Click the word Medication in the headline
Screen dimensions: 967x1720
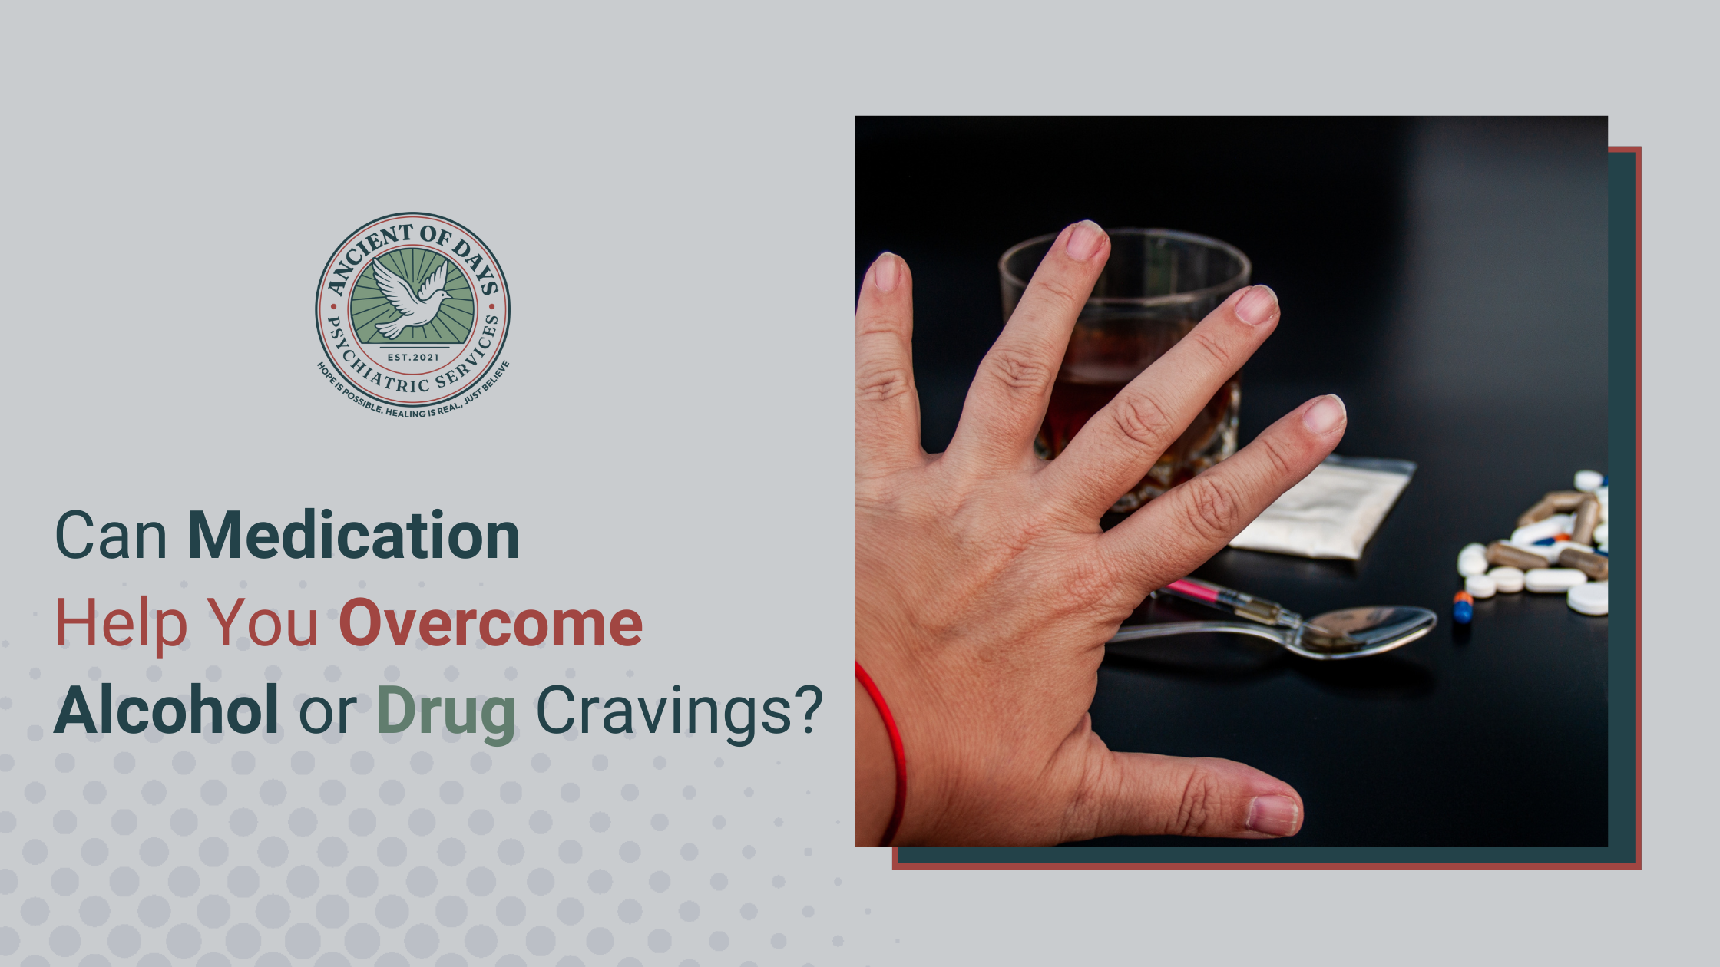(x=353, y=536)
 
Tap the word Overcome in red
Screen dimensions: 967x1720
(x=491, y=623)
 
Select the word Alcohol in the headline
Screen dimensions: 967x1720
(x=166, y=711)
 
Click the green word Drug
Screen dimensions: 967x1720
(x=445, y=712)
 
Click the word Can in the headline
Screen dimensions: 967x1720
(x=111, y=536)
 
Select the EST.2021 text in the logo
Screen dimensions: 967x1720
(x=413, y=357)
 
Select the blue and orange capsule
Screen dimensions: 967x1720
(x=1463, y=606)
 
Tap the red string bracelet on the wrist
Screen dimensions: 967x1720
(x=891, y=737)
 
